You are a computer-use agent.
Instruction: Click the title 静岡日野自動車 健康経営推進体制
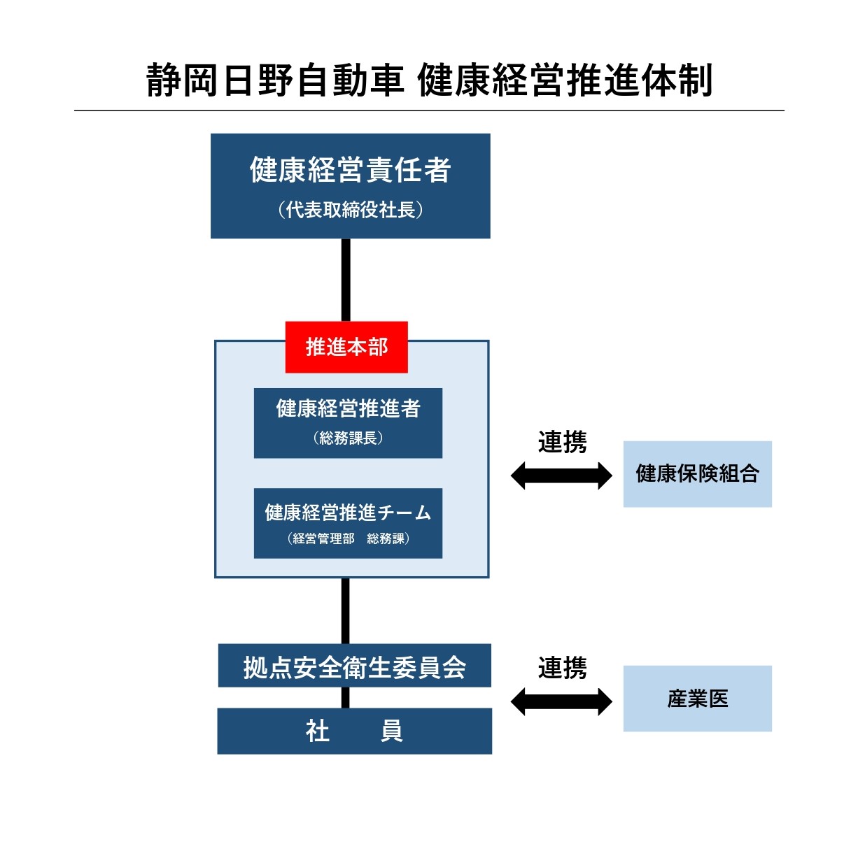pos(429,80)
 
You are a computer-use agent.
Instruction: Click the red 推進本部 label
pos(346,347)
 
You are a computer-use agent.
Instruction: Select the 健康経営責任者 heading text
pos(350,170)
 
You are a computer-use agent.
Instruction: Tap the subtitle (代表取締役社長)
pos(350,210)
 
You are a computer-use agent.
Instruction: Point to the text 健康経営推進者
pos(348,408)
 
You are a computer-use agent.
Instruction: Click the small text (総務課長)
pos(348,438)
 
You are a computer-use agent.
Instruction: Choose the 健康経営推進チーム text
pos(348,513)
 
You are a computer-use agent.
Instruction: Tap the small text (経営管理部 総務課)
pos(348,538)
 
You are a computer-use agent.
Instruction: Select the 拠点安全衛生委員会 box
pos(354,666)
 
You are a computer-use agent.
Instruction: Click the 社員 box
pos(354,731)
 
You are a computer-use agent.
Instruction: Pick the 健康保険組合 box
pos(697,474)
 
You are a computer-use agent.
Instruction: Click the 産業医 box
pos(697,699)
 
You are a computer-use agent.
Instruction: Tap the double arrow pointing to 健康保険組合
pos(561,476)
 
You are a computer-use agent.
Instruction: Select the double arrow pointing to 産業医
pos(561,701)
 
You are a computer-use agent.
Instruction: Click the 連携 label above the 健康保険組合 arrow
pos(562,442)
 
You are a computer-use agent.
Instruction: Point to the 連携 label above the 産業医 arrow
pos(562,669)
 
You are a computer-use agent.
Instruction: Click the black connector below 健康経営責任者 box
pos(346,280)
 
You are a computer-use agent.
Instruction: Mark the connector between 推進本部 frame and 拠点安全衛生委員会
pos(346,610)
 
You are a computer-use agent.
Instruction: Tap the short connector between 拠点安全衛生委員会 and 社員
pos(346,697)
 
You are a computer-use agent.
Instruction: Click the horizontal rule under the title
pos(429,110)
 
